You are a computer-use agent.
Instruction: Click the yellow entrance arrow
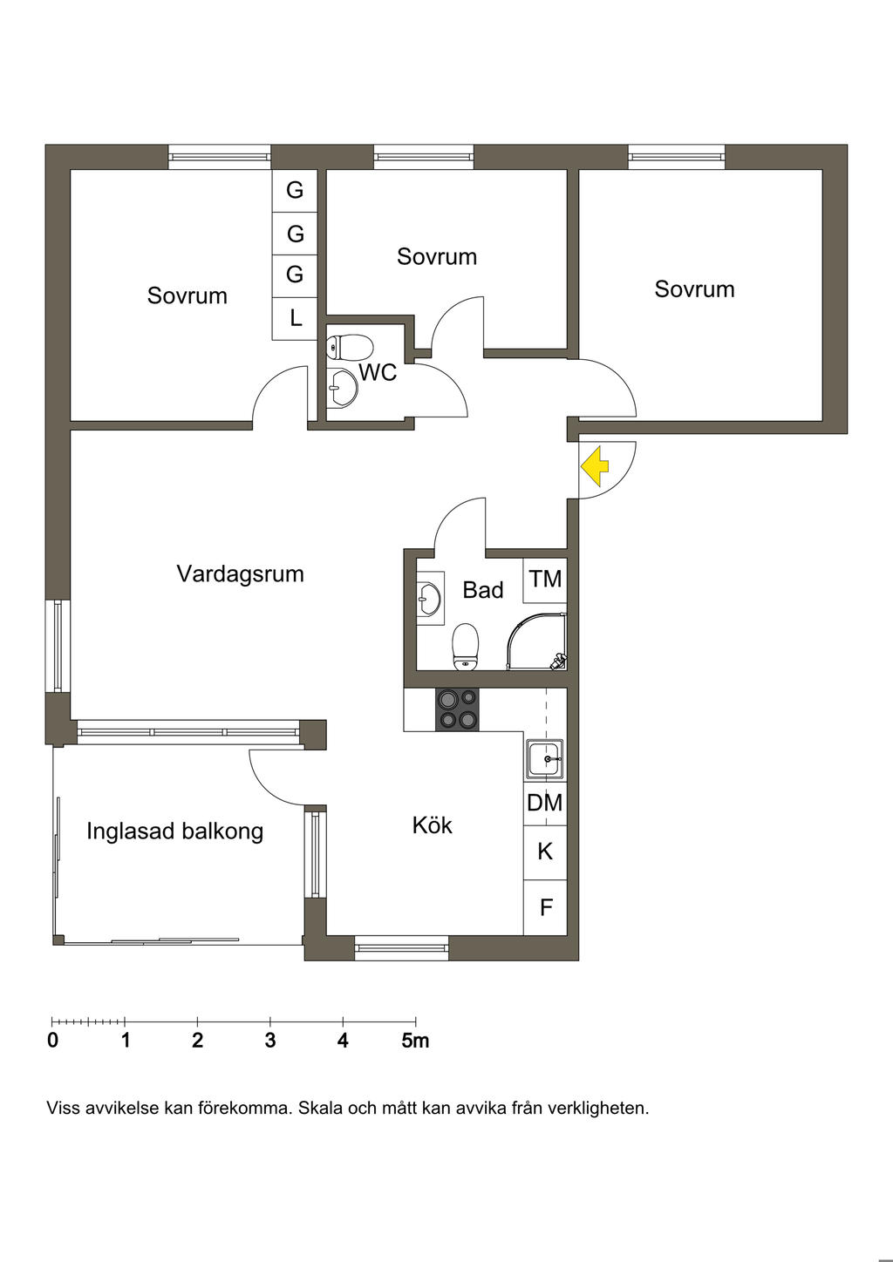click(x=595, y=466)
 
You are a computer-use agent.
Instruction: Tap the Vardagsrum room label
click(x=240, y=573)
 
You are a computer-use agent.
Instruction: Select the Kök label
click(x=432, y=824)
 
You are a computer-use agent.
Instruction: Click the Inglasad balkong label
click(x=174, y=831)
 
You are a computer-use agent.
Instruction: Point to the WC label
click(x=378, y=372)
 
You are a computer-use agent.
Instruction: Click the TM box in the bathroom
click(x=545, y=579)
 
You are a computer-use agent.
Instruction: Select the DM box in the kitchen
click(x=545, y=802)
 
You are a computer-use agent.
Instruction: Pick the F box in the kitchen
click(x=546, y=907)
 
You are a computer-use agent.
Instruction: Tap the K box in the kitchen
click(x=545, y=851)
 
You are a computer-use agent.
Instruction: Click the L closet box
click(x=296, y=317)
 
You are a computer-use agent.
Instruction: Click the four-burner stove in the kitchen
click(x=458, y=709)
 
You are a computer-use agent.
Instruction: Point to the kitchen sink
click(x=545, y=758)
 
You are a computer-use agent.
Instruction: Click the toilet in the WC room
click(x=350, y=347)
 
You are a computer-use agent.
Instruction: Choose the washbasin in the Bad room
click(x=428, y=597)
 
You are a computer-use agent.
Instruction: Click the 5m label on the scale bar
click(x=415, y=1041)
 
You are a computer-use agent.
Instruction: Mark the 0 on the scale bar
click(x=53, y=1041)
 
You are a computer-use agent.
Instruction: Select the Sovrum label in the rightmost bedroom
click(x=694, y=288)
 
